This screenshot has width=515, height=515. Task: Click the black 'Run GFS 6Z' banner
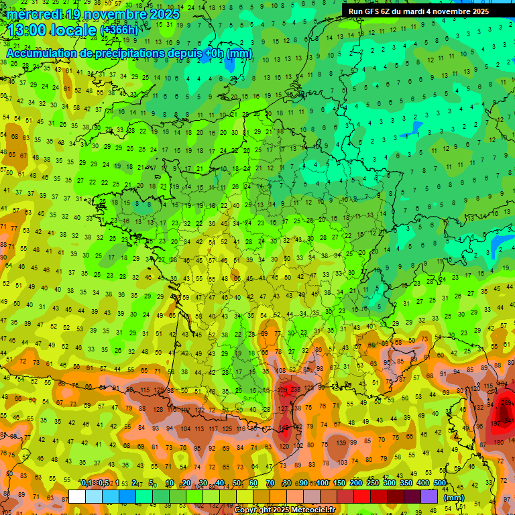coord(428,11)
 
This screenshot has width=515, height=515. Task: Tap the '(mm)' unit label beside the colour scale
coord(454,498)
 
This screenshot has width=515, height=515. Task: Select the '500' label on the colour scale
coord(440,483)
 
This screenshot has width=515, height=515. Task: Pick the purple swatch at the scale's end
coord(429,496)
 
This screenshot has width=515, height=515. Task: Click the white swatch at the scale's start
coord(77,496)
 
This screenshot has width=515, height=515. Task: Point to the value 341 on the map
coord(508,420)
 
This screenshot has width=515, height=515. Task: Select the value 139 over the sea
coord(342,443)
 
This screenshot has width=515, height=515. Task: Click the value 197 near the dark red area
coord(496,424)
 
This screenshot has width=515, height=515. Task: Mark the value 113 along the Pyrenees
coord(201,428)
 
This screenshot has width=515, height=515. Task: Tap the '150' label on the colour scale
coord(339,483)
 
